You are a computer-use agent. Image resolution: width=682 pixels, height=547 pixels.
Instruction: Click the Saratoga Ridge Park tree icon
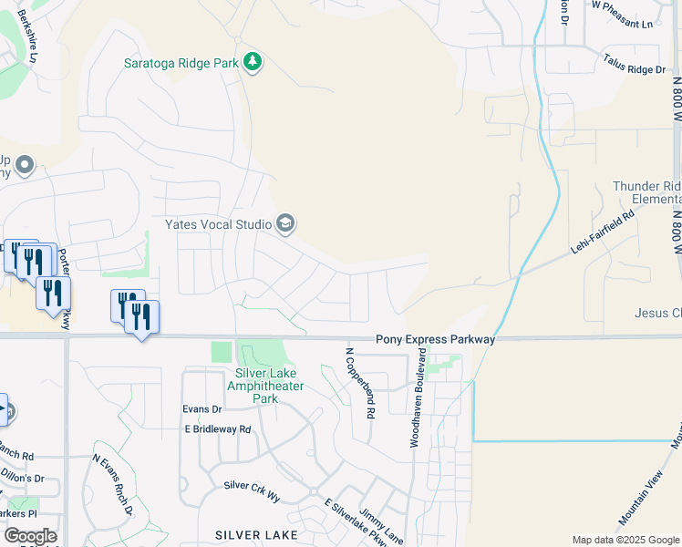point(253,62)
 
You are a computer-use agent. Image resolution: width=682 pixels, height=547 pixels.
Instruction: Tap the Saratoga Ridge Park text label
point(181,63)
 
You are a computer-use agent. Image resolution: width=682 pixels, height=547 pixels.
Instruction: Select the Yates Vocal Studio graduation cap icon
point(285,223)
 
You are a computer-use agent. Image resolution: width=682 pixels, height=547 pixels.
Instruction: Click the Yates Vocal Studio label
point(218,224)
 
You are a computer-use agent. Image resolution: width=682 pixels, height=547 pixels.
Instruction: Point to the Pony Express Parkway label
point(435,339)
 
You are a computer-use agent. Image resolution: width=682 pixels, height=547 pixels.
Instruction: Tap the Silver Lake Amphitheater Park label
point(269,387)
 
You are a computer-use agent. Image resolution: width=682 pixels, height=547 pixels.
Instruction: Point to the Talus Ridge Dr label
point(635,64)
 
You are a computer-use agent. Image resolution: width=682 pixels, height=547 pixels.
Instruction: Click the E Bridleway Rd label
point(217,428)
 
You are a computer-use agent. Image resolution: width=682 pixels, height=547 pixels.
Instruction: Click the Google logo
point(30,536)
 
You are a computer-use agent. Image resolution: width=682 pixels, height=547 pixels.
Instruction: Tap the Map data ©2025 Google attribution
point(625,540)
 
